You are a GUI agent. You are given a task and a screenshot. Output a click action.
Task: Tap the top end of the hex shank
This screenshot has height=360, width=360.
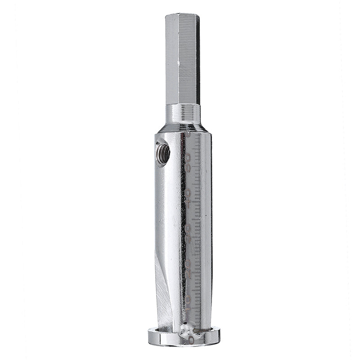coord(182,15)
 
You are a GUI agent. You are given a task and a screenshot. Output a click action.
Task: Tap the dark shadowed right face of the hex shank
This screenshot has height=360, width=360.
coord(197,58)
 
